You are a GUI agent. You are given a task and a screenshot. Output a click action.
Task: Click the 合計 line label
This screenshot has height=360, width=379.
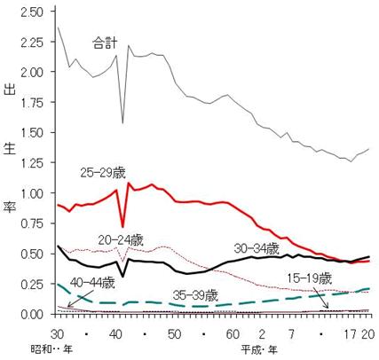click(105, 43)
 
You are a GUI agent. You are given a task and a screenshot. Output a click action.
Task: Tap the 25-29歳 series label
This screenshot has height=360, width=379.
click(103, 173)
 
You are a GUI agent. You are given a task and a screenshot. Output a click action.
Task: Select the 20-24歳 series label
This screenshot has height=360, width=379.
click(121, 240)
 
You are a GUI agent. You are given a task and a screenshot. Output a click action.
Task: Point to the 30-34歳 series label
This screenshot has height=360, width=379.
click(257, 249)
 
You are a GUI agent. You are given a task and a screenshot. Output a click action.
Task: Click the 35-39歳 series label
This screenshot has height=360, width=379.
click(195, 295)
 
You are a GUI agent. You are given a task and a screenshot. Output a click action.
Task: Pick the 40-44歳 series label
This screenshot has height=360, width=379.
click(92, 284)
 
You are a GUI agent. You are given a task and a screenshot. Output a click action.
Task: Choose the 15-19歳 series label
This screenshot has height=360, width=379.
click(310, 278)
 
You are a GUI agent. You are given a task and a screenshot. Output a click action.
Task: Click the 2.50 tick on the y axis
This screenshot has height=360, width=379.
click(32, 12)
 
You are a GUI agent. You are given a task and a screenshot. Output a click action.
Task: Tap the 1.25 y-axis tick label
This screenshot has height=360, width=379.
click(32, 162)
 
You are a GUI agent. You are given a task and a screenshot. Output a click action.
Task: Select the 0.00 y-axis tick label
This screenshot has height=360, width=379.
click(32, 314)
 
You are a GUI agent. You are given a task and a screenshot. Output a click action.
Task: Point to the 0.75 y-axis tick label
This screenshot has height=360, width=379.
click(32, 223)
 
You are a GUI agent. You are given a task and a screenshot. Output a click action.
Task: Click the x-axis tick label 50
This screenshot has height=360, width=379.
click(174, 334)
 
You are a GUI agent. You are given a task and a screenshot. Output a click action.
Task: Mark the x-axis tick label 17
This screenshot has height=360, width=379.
click(350, 334)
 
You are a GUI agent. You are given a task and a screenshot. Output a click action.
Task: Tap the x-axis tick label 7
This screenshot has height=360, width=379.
click(291, 334)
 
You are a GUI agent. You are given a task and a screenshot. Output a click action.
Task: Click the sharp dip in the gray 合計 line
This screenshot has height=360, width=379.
click(122, 123)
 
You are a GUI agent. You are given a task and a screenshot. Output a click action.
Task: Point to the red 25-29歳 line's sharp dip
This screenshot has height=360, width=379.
click(122, 226)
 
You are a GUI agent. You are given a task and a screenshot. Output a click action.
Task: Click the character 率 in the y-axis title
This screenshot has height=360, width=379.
click(9, 208)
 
